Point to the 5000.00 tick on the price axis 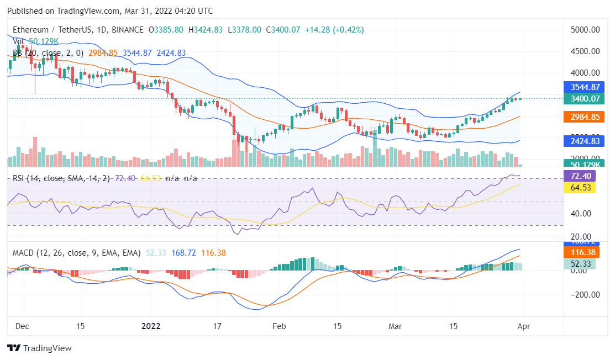584,30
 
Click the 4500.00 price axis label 584,51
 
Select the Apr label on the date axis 523,326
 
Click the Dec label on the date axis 23,326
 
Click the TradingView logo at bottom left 39,348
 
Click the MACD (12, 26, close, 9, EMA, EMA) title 77,253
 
